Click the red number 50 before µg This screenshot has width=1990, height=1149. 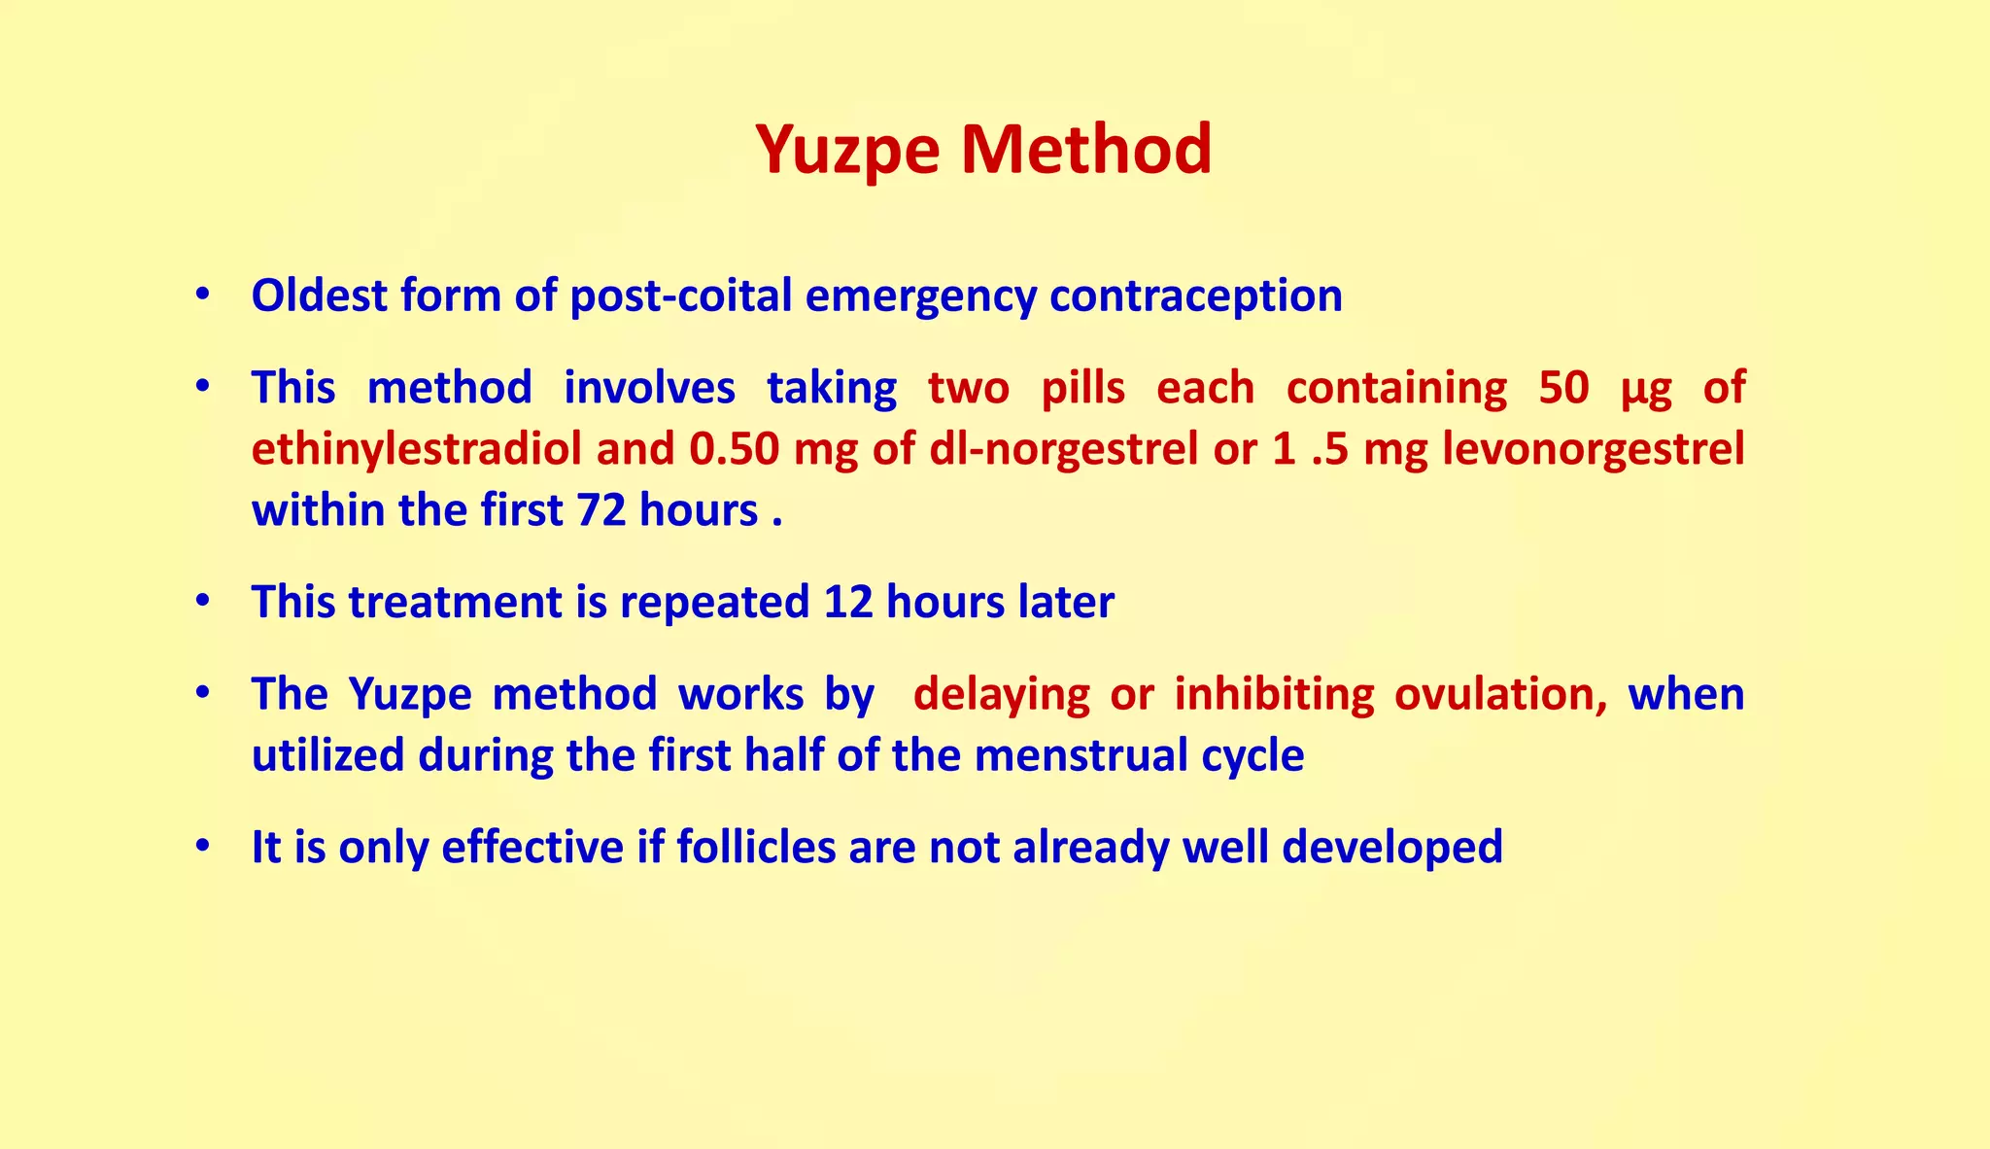click(1563, 388)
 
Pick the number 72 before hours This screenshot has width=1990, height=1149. click(600, 510)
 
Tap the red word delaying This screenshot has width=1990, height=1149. click(1001, 694)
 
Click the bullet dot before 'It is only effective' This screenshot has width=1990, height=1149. click(202, 847)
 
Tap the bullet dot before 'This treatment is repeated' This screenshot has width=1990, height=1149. click(202, 602)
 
